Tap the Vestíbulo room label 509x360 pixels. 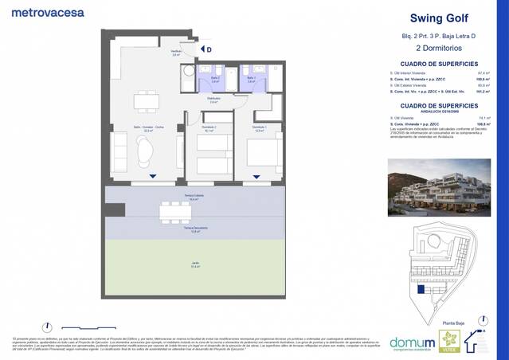(176, 53)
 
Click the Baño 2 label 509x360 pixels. (215, 78)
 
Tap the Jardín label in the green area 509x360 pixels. (194, 265)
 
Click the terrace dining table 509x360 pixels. (175, 211)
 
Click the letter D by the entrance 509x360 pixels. (209, 49)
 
